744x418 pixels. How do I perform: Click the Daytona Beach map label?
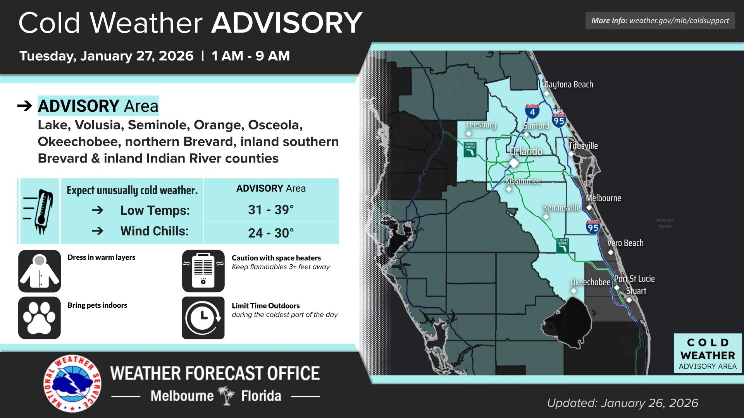[x=568, y=84]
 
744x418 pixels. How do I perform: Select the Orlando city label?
[x=526, y=151]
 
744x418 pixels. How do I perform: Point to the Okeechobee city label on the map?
[x=590, y=282]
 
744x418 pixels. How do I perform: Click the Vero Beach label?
[x=625, y=243]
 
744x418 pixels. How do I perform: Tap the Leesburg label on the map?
[x=481, y=125]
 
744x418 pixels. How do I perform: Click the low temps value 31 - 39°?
[x=271, y=210]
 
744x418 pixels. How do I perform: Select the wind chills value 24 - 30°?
[x=271, y=233]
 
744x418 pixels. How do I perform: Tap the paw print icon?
[x=40, y=318]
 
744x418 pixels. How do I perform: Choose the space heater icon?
[x=203, y=271]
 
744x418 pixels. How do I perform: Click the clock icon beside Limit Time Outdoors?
[x=203, y=318]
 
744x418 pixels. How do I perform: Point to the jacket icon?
[x=40, y=271]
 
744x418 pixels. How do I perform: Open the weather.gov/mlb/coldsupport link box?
[x=660, y=21]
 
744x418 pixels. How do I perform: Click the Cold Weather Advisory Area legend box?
[x=708, y=353]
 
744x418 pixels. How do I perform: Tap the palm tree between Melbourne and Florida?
[x=227, y=396]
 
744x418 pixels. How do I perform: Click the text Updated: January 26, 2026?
[x=622, y=403]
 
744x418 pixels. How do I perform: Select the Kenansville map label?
[x=561, y=208]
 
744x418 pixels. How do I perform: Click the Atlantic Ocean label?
[x=665, y=223]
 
